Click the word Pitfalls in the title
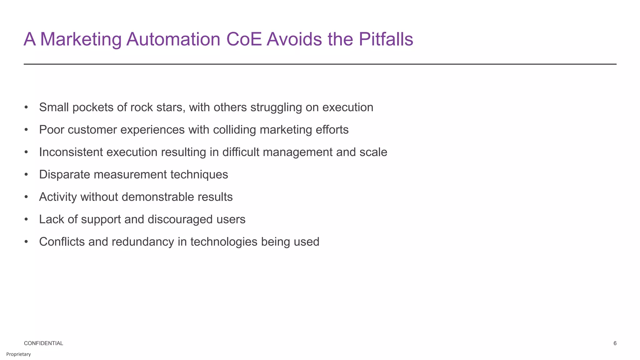coord(386,40)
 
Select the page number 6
coord(615,343)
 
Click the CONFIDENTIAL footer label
coord(43,343)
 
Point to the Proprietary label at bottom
coord(18,354)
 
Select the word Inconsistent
coord(71,152)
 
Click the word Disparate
coord(64,174)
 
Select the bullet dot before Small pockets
coord(26,107)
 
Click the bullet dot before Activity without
coord(26,197)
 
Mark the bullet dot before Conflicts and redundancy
coord(26,242)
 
